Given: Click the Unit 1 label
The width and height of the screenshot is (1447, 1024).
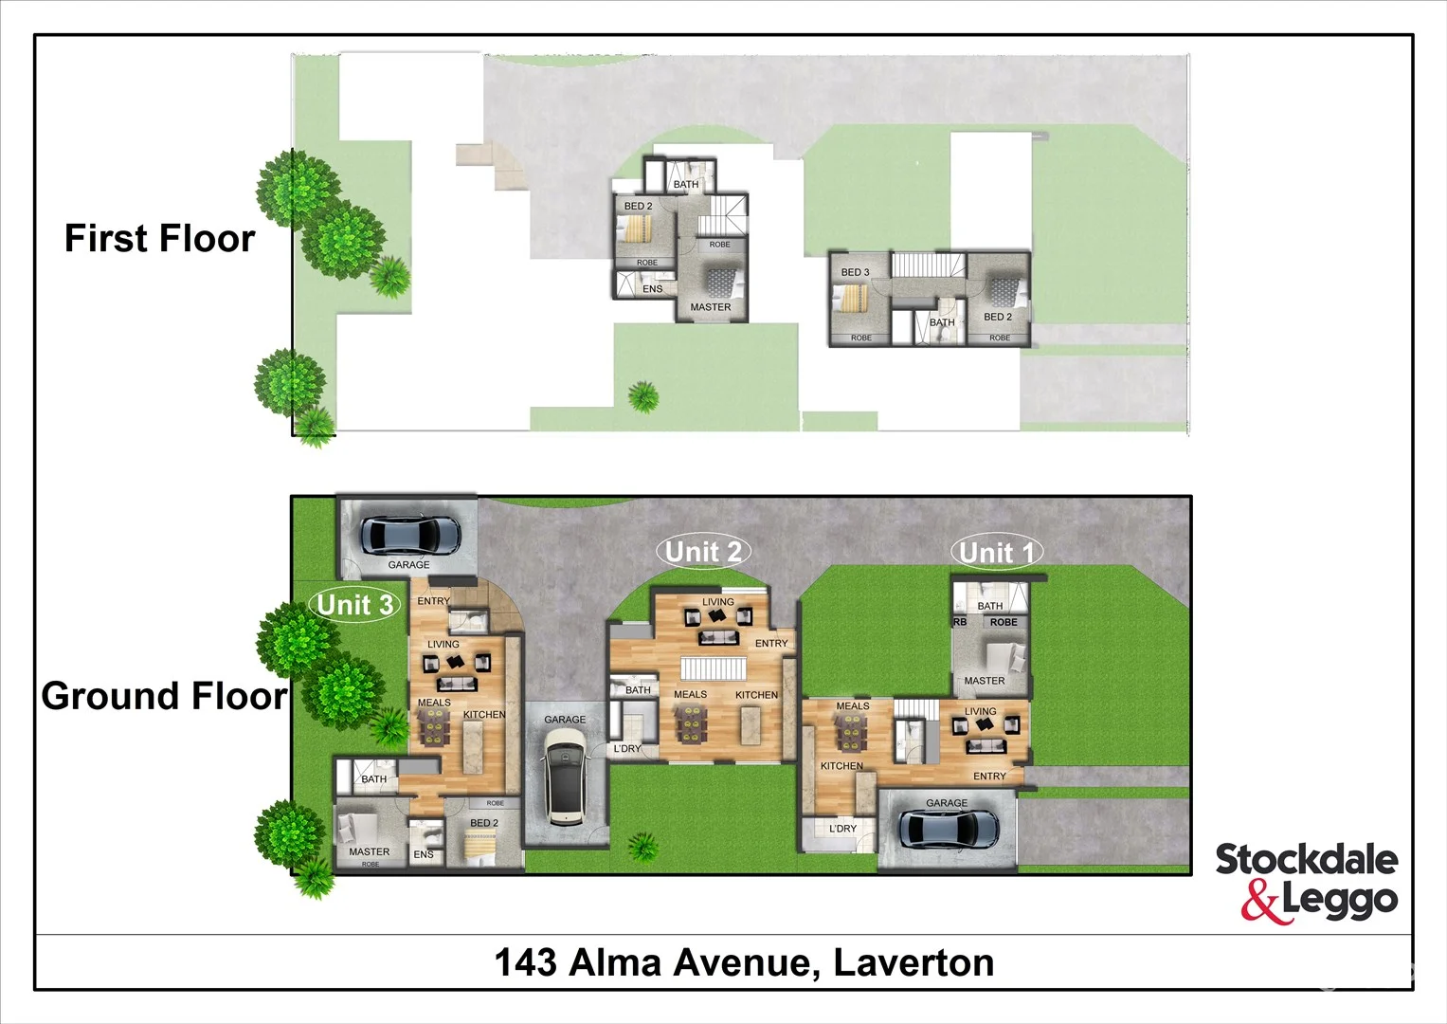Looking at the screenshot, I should (x=998, y=552).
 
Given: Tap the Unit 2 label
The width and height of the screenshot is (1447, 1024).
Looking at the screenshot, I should (x=703, y=551).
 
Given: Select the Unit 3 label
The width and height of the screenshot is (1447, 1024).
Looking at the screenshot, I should (x=354, y=604).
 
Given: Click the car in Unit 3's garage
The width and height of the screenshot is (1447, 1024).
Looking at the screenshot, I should (x=411, y=535).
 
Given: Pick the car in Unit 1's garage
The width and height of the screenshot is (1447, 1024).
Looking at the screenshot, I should (x=947, y=829).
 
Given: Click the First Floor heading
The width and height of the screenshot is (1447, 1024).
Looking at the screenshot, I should (x=159, y=238).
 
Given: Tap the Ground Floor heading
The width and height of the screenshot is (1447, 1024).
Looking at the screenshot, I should (x=164, y=696).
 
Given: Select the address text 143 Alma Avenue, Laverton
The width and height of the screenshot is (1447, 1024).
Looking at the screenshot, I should (x=744, y=963).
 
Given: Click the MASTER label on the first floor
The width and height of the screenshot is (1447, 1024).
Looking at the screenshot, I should (x=711, y=307).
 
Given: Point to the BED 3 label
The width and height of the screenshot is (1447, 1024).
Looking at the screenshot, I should (x=855, y=272).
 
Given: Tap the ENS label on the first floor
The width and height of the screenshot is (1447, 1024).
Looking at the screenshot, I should (x=653, y=289).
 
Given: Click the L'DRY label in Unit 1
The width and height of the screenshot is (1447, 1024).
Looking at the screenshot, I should (x=842, y=829).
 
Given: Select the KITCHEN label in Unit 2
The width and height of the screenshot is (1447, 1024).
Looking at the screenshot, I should (x=756, y=695).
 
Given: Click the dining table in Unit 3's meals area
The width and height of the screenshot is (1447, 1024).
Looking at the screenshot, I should (x=435, y=727).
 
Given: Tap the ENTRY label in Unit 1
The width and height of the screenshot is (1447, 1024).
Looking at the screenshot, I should (x=989, y=777).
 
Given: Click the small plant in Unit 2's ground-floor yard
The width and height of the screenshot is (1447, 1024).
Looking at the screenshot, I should (x=643, y=846).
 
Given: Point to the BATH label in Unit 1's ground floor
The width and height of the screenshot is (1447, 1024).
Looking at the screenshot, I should (x=989, y=606).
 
